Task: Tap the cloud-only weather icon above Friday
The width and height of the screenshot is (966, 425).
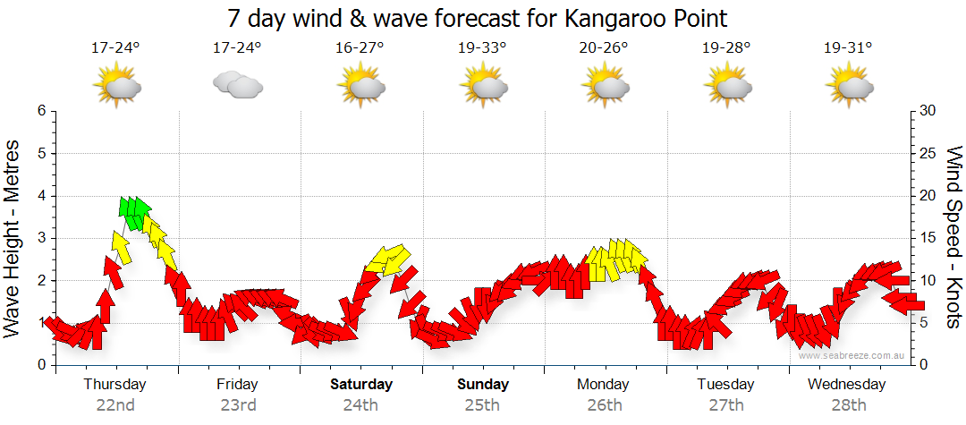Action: (237, 86)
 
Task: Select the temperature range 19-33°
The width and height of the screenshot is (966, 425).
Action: (483, 48)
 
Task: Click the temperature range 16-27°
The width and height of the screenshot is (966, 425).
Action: (360, 48)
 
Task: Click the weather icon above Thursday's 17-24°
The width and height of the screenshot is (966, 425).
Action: (116, 86)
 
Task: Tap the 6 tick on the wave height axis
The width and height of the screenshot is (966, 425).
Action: (40, 111)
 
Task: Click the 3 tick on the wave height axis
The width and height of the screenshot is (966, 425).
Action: (40, 238)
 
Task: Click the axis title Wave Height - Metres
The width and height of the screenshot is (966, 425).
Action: (13, 238)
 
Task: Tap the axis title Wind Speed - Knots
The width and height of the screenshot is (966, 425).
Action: (953, 238)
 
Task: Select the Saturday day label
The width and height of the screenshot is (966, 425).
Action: (360, 385)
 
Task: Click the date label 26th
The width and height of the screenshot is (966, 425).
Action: (605, 404)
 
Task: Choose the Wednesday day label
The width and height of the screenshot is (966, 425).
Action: (846, 385)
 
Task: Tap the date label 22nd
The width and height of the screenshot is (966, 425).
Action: (115, 404)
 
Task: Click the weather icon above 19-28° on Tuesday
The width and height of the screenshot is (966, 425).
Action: (726, 86)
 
